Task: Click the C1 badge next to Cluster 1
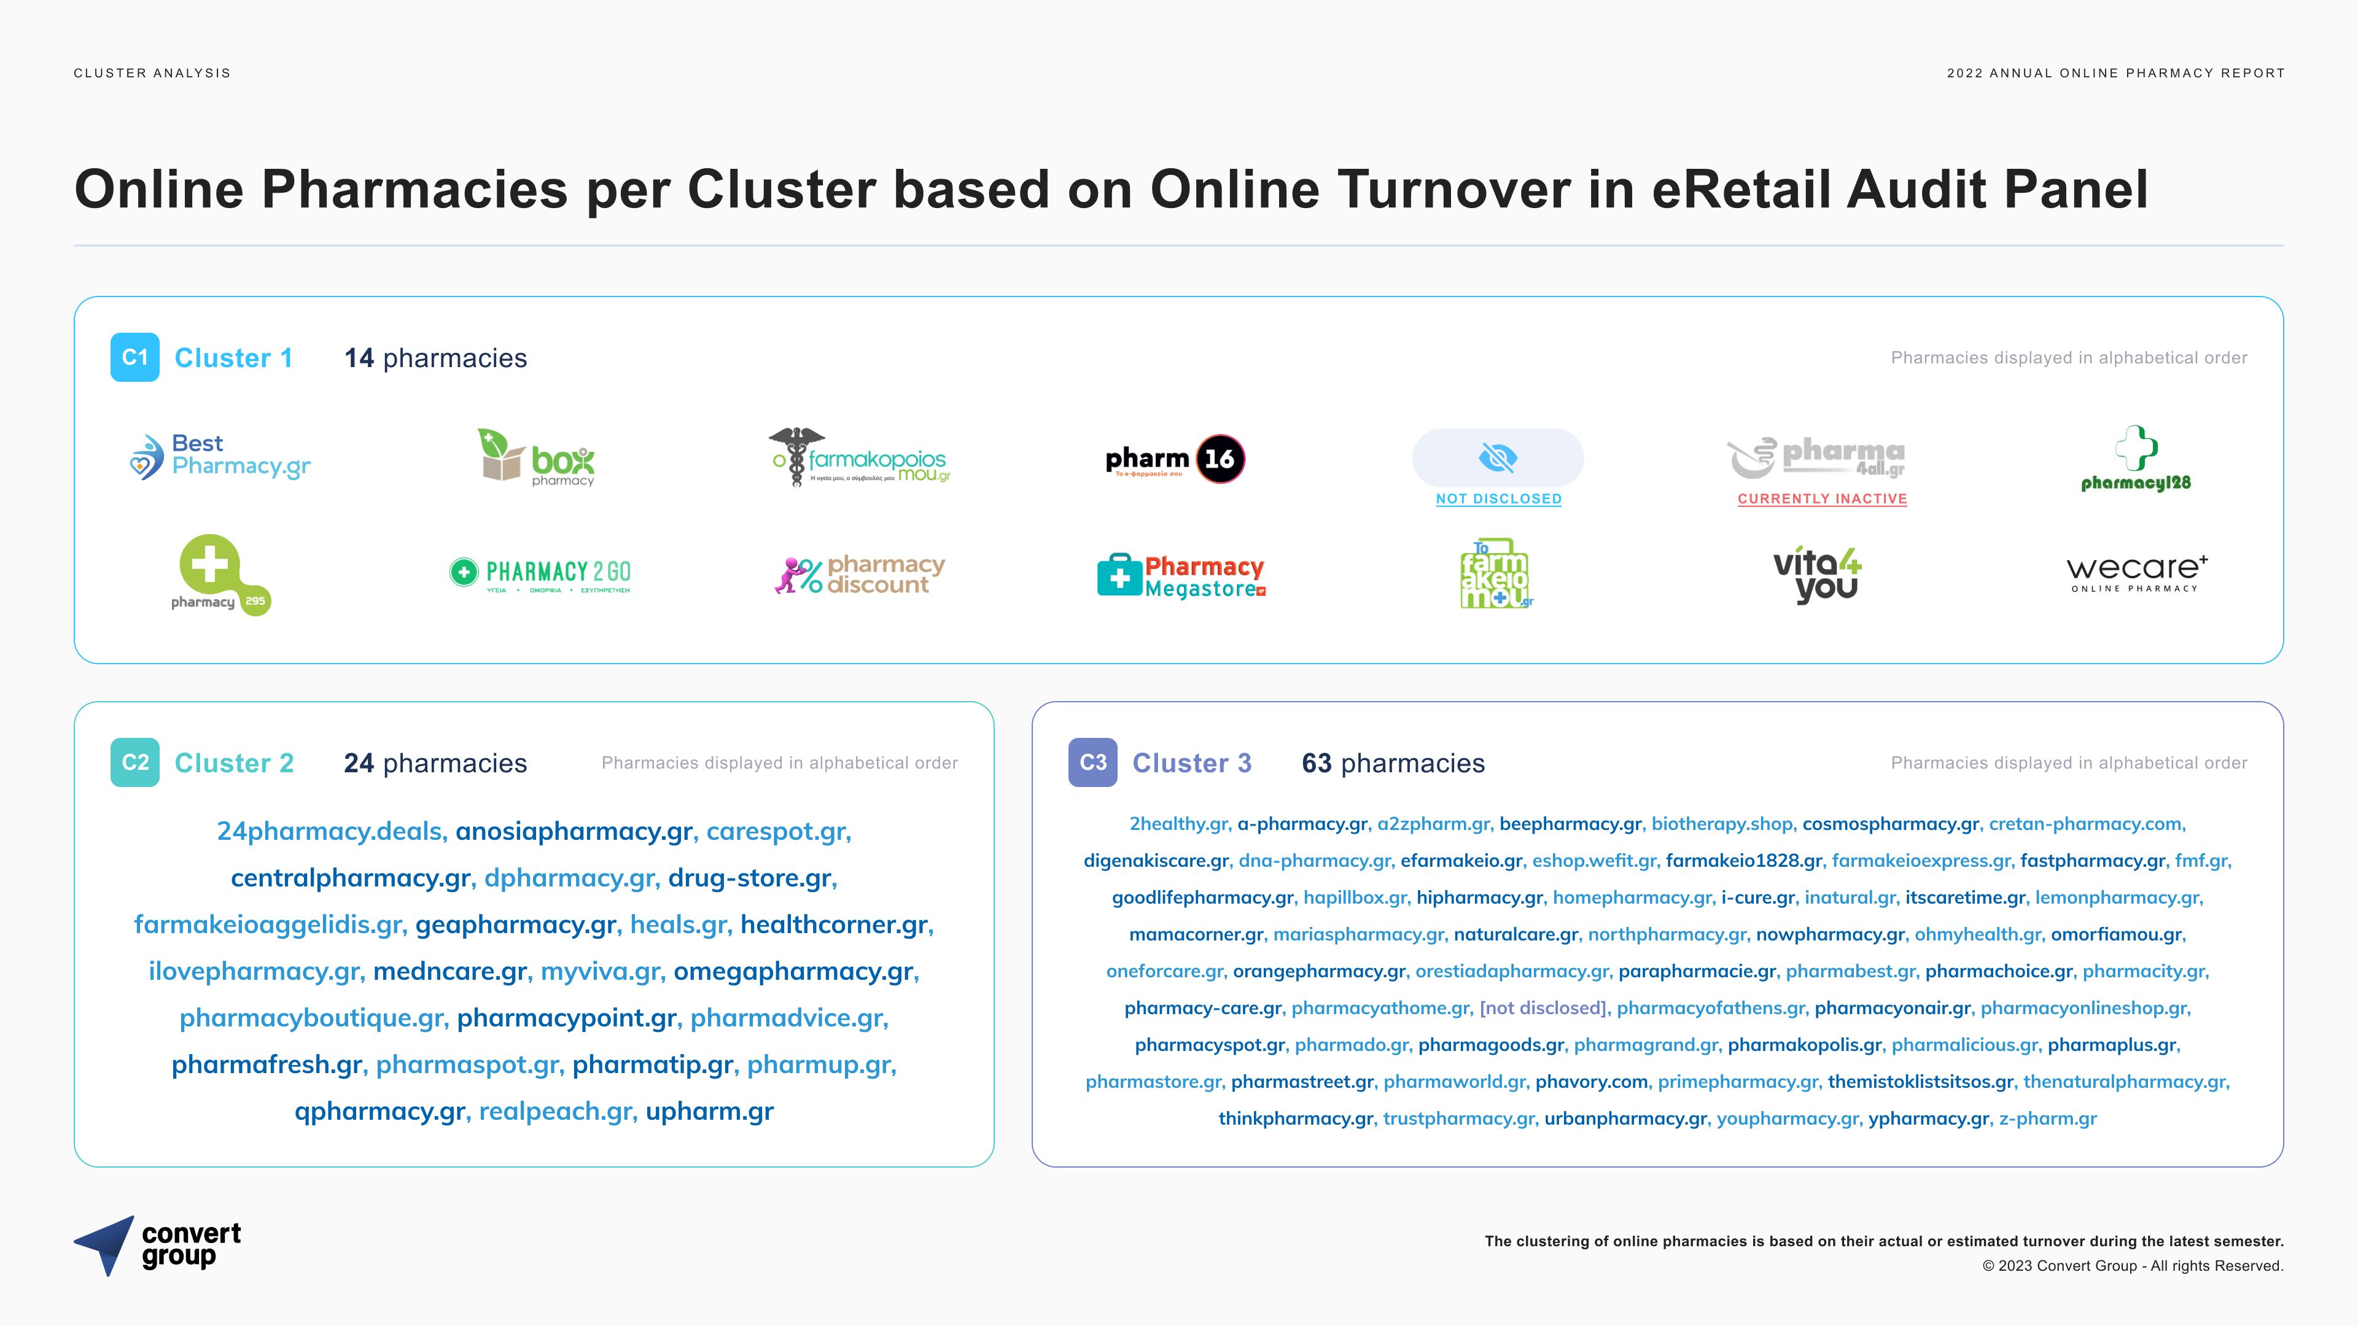point(134,357)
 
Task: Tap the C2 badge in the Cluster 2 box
point(134,762)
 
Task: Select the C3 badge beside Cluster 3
point(1092,762)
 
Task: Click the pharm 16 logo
point(1175,459)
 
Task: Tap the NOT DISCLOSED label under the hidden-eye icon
point(1498,498)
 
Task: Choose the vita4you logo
point(1817,575)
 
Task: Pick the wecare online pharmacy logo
point(2136,574)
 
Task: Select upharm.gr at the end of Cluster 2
point(709,1111)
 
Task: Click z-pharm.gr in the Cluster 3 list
point(2048,1119)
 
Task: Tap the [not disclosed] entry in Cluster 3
point(1543,1007)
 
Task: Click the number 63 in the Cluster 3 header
point(1317,763)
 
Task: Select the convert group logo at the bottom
point(157,1246)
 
